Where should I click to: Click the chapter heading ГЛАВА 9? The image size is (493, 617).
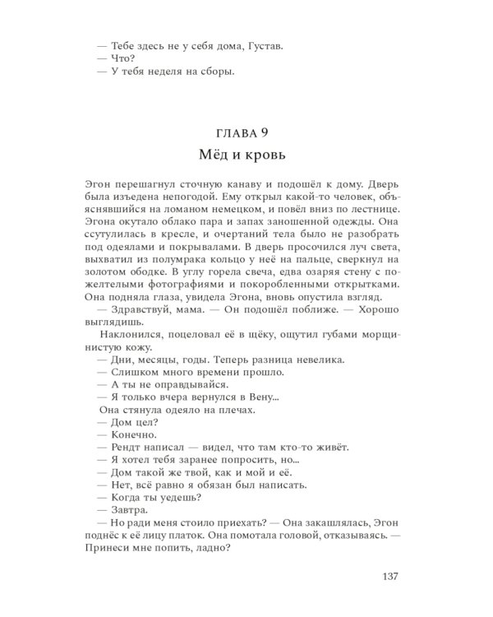coord(246,132)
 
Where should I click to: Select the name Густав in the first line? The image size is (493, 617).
coord(262,48)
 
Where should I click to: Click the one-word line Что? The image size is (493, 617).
coord(118,60)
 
